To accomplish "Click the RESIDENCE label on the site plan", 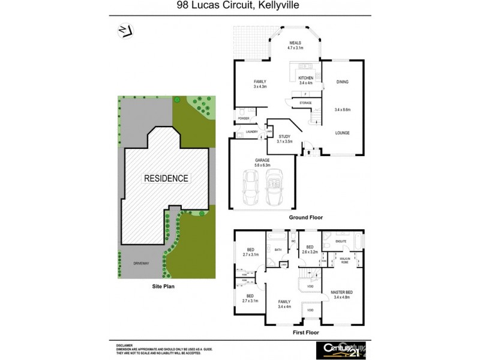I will coord(166,178).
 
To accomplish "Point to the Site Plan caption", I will coord(163,287).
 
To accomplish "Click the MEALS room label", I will coord(295,43).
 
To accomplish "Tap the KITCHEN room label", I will coord(306,78).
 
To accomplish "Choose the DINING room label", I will coord(342,82).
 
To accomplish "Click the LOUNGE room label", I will coord(342,133).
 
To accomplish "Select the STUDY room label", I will coord(283,137).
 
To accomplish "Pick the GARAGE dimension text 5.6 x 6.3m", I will coord(262,165).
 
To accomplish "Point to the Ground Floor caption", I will coord(307,217).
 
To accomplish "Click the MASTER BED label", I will coord(342,292).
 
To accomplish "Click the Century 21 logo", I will coord(339,347).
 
